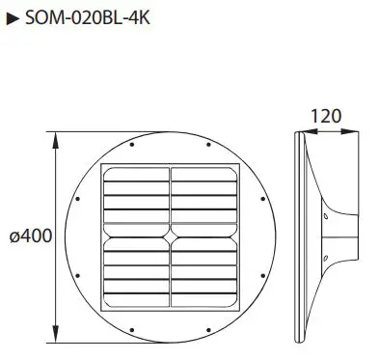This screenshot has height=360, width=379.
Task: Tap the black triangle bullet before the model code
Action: coord(13,18)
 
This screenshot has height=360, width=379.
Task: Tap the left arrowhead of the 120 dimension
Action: coord(296,133)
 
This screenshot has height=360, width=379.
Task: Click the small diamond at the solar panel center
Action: coord(170,235)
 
